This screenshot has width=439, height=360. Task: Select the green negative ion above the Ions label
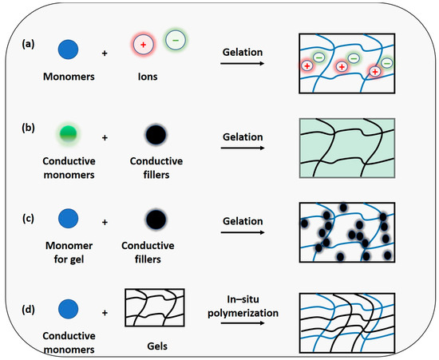tap(174, 38)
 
